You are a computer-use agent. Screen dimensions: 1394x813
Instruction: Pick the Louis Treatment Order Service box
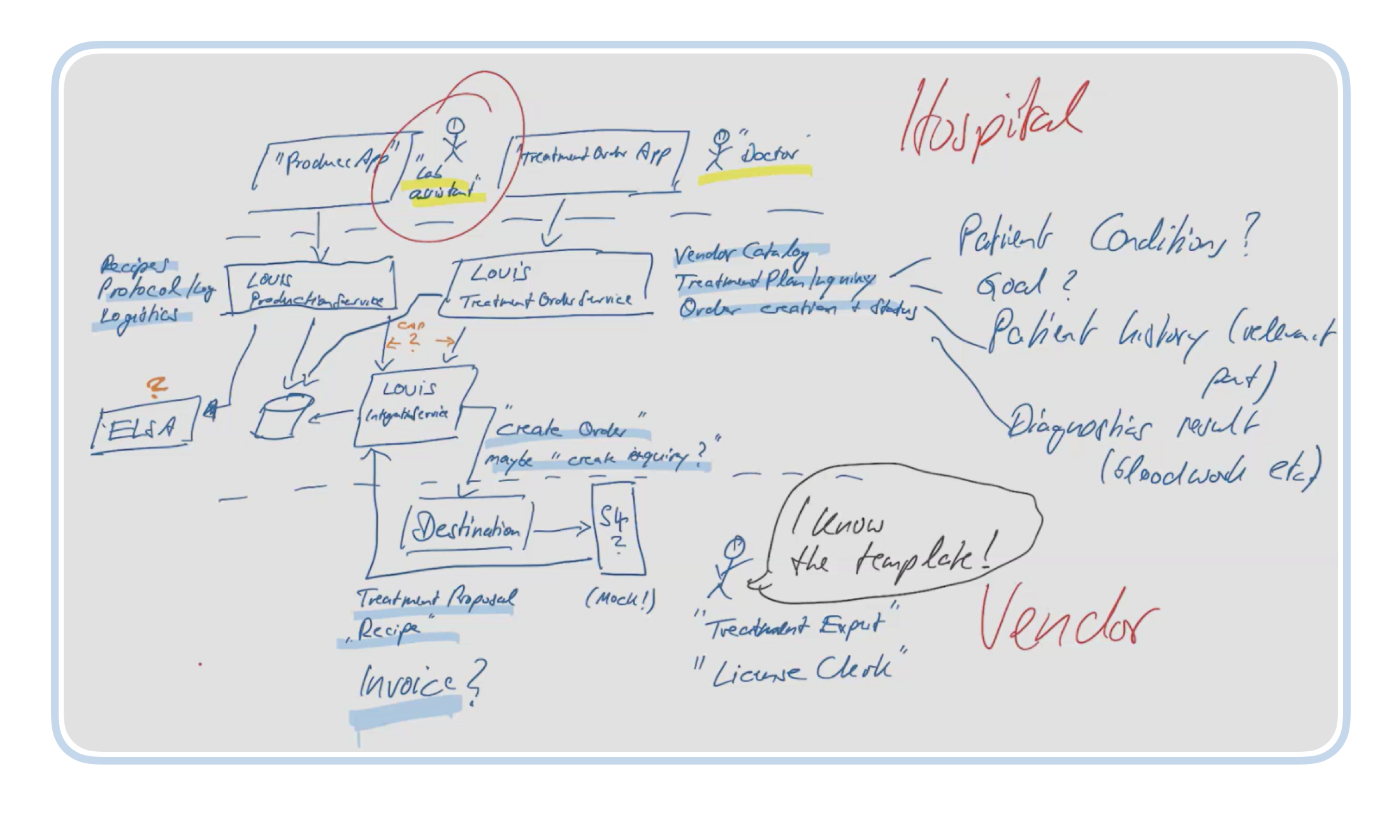pos(548,287)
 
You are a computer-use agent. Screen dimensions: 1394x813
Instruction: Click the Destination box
pos(466,529)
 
